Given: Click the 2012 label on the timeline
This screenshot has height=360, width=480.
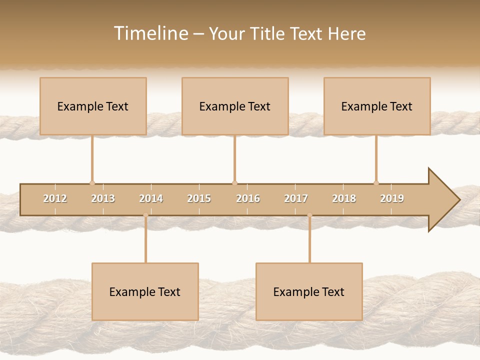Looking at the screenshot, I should coord(55,199).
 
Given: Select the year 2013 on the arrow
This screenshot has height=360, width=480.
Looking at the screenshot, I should coord(103,199).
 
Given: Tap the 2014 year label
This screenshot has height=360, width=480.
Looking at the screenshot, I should coord(151,199).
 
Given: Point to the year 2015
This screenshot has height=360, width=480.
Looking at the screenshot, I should coord(199,199).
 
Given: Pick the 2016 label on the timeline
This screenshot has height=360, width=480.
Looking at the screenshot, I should coord(248,199).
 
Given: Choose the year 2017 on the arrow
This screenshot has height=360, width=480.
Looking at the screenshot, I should coord(296,199).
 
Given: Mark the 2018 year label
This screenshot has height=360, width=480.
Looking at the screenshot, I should coord(344,199).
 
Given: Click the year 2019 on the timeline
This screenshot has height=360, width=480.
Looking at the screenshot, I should coord(392,199).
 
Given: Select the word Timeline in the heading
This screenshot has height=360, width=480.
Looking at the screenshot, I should coord(150,33).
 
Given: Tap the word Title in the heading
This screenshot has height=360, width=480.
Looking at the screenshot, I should coord(269,33).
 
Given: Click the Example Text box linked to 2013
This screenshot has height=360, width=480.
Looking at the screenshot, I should coord(93,106).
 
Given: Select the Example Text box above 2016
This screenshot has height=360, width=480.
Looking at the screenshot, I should coord(235,106).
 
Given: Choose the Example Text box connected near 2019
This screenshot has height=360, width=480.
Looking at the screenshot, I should coord(377,106).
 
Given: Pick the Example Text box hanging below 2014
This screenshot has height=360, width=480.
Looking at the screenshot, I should coord(145,291).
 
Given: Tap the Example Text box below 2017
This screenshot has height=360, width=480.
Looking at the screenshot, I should coord(309,291).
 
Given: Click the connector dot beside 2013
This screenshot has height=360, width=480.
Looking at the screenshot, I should coord(92,183).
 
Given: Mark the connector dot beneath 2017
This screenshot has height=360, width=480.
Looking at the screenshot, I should coord(309,215).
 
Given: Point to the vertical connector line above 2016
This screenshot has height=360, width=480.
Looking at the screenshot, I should coord(234,158).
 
